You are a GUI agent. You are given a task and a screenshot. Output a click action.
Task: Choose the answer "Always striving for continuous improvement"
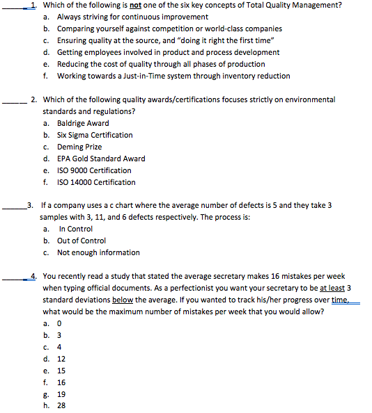132,17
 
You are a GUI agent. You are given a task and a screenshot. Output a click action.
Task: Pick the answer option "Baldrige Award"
83,123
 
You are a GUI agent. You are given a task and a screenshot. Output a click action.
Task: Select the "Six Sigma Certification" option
95,135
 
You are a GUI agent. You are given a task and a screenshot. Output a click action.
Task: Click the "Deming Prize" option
79,147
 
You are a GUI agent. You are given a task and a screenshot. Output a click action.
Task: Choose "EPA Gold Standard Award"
101,159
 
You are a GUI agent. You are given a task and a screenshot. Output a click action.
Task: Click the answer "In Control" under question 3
76,229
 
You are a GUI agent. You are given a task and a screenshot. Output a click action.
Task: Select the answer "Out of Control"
82,241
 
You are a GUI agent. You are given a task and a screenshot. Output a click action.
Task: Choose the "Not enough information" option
98,252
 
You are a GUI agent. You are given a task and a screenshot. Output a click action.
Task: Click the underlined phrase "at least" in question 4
331,288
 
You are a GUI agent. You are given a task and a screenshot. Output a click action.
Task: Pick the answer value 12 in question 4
61,359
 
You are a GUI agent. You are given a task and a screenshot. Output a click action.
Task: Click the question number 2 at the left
35,99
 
